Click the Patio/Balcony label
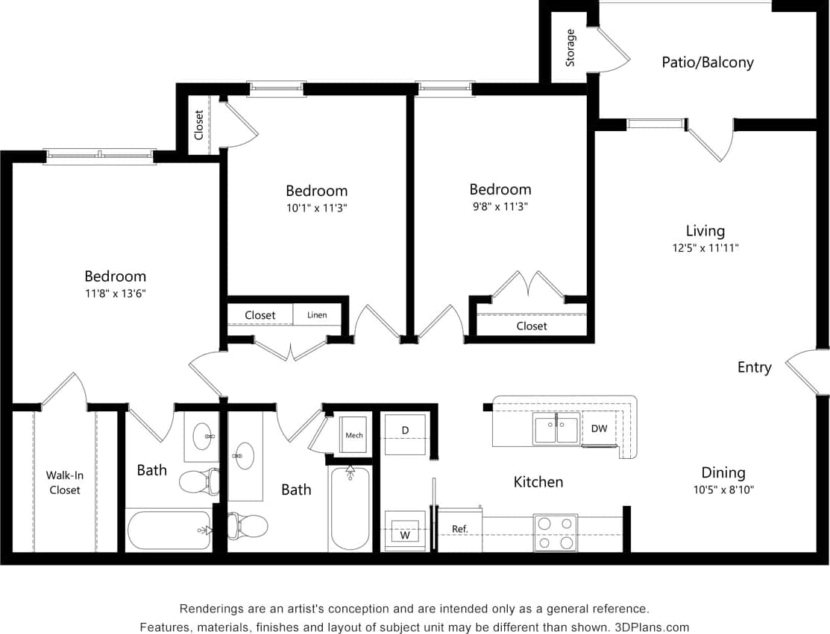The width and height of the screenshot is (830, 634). point(707,63)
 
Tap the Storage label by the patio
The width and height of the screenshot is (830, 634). point(570,48)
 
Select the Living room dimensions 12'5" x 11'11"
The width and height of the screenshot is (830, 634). point(705,248)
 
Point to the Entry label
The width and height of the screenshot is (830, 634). point(754,367)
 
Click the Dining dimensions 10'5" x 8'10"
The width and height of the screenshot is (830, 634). point(723,490)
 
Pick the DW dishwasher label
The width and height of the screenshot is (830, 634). point(599,428)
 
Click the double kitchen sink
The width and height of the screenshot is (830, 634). point(556,429)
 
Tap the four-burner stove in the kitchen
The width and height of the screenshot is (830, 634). point(555,533)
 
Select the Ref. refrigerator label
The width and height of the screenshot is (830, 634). point(459,529)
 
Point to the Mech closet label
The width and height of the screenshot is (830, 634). point(354,434)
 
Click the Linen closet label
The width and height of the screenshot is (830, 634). point(317,315)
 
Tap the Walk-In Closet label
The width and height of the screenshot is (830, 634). point(64,483)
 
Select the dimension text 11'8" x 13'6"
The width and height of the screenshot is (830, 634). point(115,294)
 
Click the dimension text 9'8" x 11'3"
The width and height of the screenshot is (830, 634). point(500,206)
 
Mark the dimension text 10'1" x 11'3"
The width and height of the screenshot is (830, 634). point(316,208)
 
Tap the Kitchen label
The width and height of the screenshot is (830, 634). point(538,482)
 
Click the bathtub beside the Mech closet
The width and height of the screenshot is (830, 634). point(349,508)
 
